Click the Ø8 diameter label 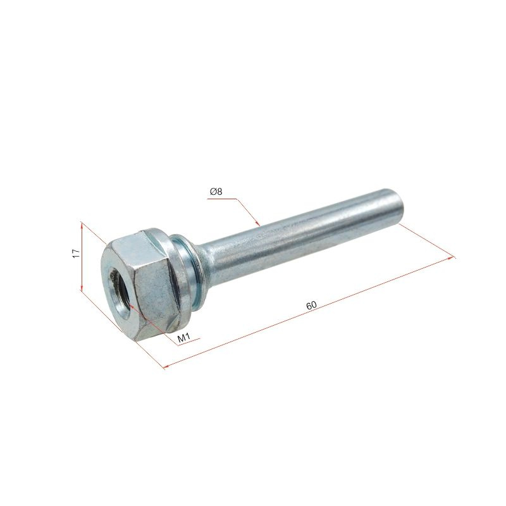216,192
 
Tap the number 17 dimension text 76,254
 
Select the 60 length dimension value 311,305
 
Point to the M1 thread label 184,338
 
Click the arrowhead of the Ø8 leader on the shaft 257,223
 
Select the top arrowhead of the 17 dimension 82,225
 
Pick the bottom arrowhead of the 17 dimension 82,287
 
